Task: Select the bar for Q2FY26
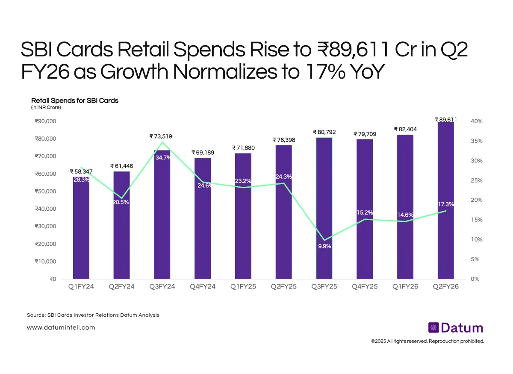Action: [446, 201]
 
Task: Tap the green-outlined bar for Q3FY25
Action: [324, 192]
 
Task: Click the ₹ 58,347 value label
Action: [81, 171]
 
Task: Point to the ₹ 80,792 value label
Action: [324, 133]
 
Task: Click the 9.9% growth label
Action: [324, 246]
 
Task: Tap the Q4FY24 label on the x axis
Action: [203, 287]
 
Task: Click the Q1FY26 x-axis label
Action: [405, 287]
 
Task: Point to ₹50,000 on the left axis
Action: [45, 191]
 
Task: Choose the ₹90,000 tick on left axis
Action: [45, 121]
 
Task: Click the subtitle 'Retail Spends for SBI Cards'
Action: [75, 100]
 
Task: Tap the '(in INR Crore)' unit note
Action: [46, 108]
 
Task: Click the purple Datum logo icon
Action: [433, 328]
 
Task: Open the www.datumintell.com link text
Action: [61, 328]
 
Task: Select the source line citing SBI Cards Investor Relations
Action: [93, 315]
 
